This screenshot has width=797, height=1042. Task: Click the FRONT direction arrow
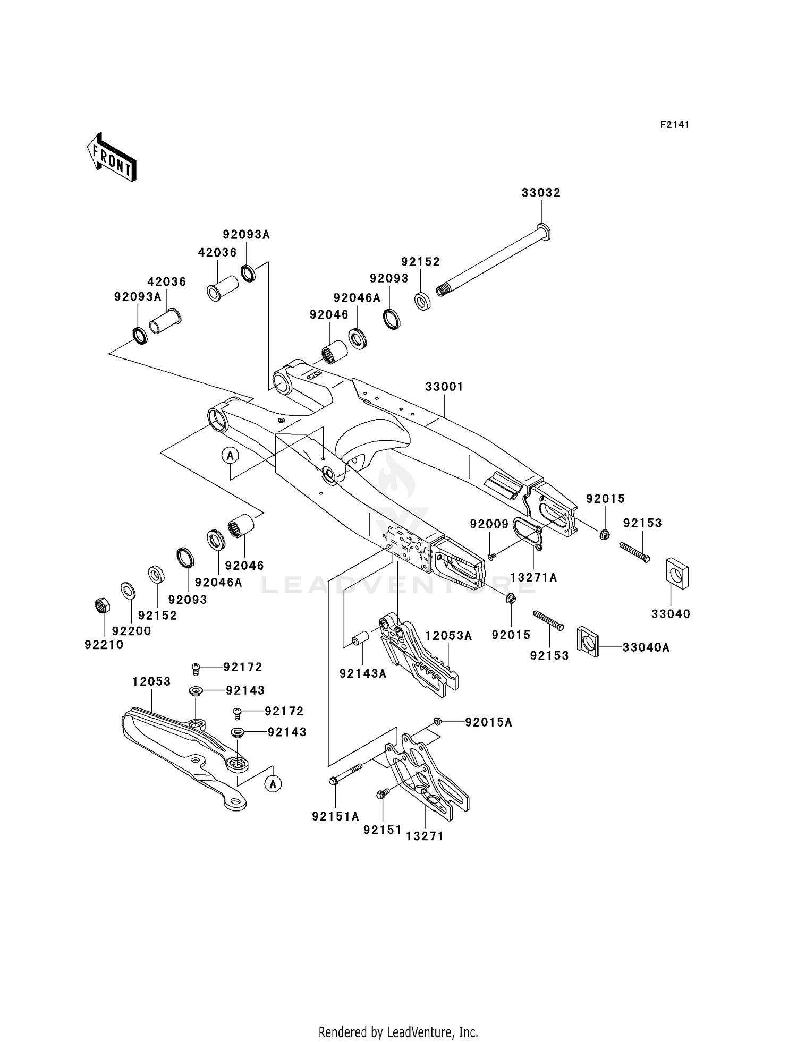[x=112, y=158]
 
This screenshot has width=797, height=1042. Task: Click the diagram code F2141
[x=675, y=125]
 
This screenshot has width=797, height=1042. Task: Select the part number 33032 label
[x=541, y=193]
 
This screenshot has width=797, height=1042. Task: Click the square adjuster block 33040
[x=677, y=573]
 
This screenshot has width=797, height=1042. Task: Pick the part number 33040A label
[x=646, y=647]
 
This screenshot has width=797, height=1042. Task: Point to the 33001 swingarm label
[x=444, y=387]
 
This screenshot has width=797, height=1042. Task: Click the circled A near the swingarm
[x=231, y=455]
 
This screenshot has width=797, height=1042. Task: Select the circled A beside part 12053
[x=273, y=783]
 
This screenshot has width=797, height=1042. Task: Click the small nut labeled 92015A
[x=437, y=721]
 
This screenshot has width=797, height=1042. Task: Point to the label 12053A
[x=448, y=636]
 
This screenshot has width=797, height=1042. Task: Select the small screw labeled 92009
[x=491, y=556]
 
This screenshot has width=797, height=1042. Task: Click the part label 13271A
[x=533, y=577]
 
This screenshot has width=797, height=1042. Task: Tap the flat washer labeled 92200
[x=128, y=590]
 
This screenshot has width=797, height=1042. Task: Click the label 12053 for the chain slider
[x=151, y=681]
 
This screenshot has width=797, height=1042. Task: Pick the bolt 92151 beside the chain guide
[x=381, y=795]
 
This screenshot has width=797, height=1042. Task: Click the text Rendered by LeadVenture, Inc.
[x=398, y=1032]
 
